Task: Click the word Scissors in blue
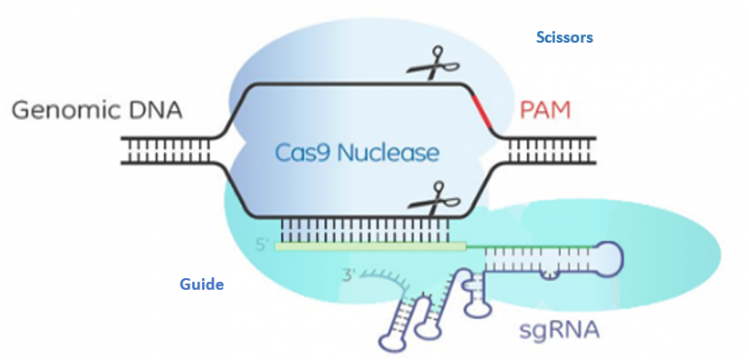tap(565, 38)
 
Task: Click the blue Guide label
tap(202, 285)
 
